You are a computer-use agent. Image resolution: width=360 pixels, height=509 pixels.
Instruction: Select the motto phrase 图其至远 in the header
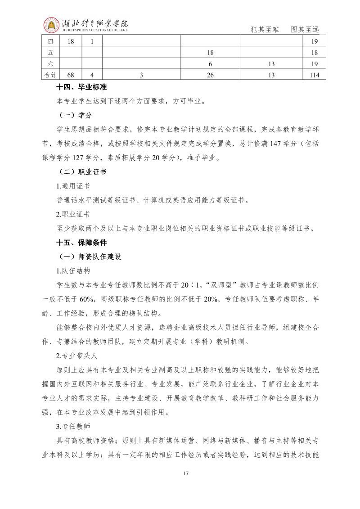click(305, 29)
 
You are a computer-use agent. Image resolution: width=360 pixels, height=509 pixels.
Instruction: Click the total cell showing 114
click(315, 75)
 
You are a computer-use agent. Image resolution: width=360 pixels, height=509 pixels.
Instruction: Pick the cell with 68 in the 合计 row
click(70, 75)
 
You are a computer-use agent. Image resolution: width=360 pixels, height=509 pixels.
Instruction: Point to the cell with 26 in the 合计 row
click(210, 75)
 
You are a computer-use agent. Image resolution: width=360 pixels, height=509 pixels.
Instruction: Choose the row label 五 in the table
click(50, 53)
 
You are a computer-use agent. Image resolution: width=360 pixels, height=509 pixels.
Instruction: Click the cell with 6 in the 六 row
click(210, 64)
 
